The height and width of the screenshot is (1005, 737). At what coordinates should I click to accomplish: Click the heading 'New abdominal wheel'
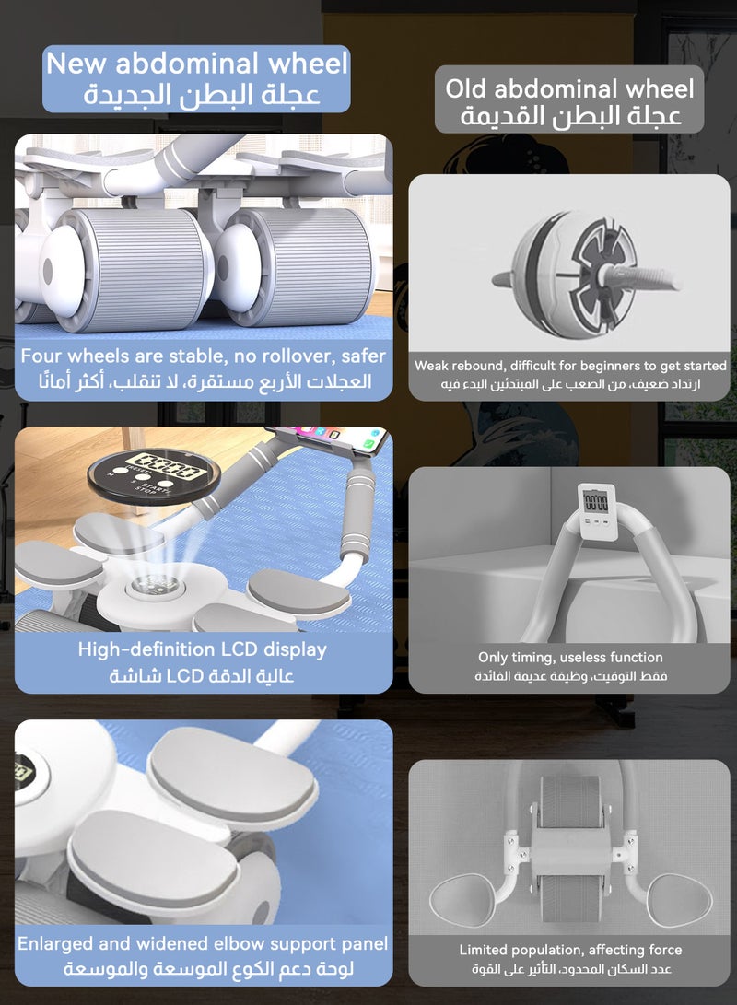(197, 64)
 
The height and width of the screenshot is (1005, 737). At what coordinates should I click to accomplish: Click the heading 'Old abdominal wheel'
(569, 88)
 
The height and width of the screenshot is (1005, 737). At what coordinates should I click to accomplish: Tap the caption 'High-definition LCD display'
(202, 649)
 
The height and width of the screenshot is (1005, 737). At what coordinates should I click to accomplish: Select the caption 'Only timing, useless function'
(570, 657)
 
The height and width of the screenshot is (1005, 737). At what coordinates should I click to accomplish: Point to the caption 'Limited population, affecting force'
(570, 950)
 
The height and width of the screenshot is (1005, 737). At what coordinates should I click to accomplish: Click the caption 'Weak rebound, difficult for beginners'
(570, 366)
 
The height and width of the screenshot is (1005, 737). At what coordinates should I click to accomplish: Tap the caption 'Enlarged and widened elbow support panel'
(203, 943)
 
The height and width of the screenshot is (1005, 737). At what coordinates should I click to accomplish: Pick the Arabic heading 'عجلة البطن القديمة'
(570, 117)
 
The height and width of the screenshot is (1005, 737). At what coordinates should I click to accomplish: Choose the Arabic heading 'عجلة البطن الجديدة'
(202, 94)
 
